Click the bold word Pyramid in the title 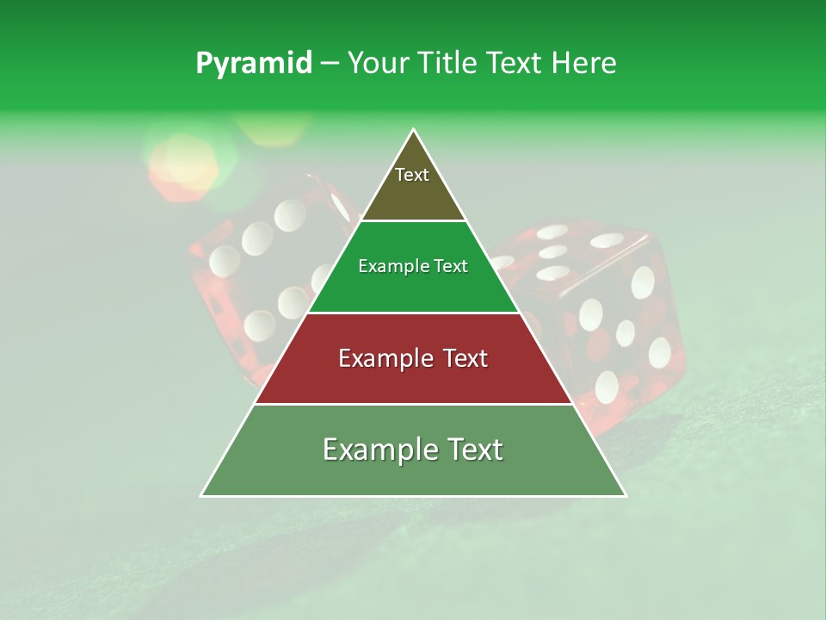click(x=254, y=64)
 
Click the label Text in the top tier click(x=412, y=175)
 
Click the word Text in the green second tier click(x=450, y=267)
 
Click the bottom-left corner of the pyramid click(x=202, y=495)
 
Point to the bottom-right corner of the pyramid click(x=626, y=495)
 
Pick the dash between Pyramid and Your click(x=330, y=64)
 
